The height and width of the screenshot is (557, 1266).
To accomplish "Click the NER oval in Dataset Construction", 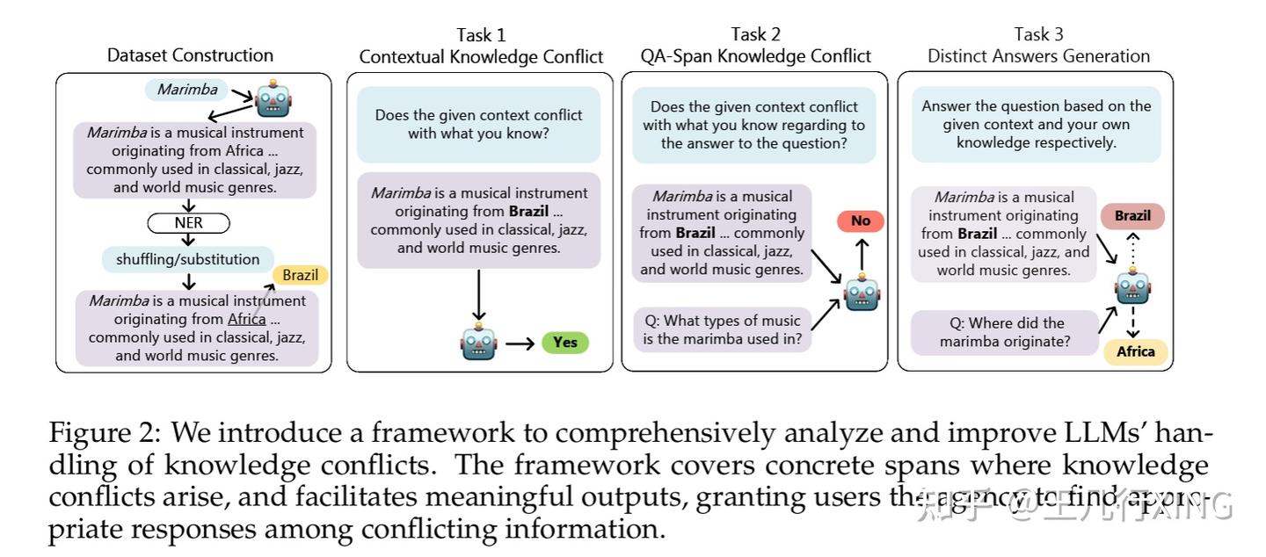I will tap(188, 223).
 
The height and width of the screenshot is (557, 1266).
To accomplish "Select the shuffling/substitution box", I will tap(188, 259).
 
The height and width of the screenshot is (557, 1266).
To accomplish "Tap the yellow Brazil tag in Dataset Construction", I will tap(300, 275).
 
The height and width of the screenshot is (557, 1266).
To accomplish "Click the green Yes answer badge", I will tap(564, 342).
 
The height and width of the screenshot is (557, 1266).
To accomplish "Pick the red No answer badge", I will tap(860, 221).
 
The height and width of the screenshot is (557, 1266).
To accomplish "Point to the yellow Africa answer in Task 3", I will tap(1135, 351).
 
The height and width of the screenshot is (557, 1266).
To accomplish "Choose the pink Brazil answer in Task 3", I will tap(1132, 215).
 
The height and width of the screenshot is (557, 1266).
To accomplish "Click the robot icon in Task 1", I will tap(478, 342).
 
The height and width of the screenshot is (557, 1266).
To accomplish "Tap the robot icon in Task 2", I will tap(862, 292).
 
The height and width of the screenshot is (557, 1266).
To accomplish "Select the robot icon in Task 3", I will tap(1132, 286).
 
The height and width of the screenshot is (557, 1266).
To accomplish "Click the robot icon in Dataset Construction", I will tap(273, 99).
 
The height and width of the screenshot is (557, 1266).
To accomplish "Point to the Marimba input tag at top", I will tap(187, 89).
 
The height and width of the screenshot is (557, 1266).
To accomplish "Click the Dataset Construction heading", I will tap(190, 55).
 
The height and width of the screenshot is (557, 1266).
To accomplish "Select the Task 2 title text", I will tap(755, 46).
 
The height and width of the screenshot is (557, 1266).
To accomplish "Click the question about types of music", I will tap(721, 329).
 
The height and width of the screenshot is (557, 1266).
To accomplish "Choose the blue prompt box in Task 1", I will tap(478, 124).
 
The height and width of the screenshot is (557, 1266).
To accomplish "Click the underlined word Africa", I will tap(246, 319).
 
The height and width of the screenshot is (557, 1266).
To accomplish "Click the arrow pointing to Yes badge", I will tap(520, 343).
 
